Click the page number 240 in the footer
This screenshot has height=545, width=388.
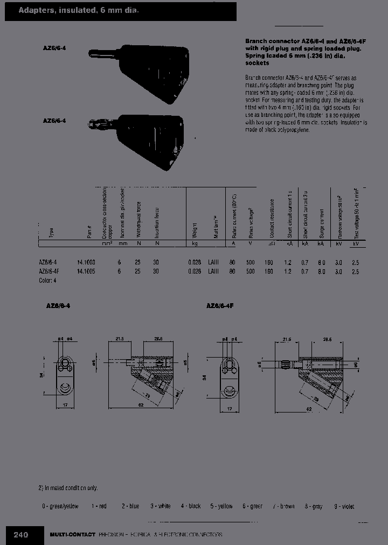[x=21, y=535]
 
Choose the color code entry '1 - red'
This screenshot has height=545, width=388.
[x=99, y=506]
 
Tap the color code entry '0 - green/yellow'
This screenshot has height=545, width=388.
[x=60, y=506]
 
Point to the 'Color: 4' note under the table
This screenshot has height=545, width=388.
[x=47, y=281]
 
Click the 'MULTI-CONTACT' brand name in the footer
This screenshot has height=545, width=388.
[x=72, y=535]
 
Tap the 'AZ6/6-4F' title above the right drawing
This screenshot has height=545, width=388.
[x=219, y=305]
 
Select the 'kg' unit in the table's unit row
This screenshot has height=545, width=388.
[x=195, y=244]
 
